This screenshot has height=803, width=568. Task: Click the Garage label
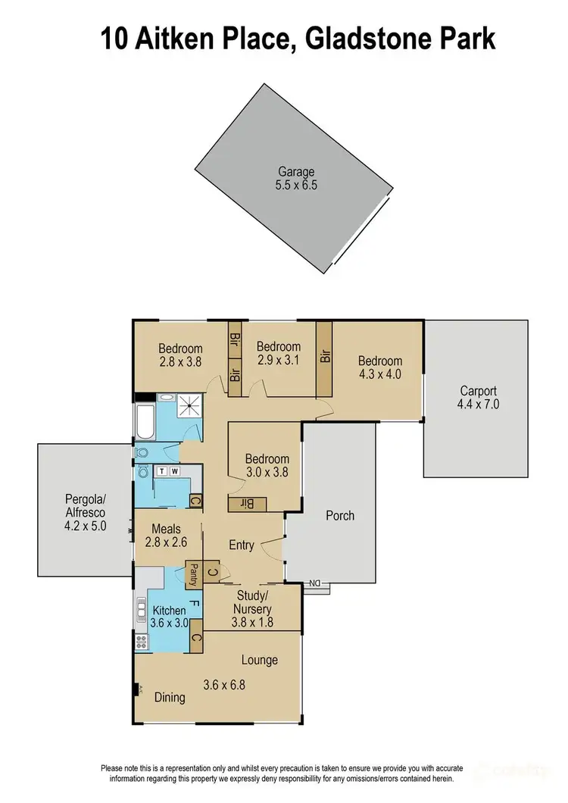pos(295,171)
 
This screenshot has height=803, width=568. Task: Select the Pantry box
pos(194,575)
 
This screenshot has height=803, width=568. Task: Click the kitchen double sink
pos(141,608)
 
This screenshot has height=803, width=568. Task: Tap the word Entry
pos(242,545)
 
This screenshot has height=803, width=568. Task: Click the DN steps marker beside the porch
pos(317,583)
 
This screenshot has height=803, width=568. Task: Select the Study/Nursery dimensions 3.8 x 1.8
pos(251,622)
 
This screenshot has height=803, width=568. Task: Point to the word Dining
pos(170,697)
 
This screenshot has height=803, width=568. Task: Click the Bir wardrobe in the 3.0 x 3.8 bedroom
pos(248,503)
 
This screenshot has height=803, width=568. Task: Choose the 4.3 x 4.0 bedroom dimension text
pos(379,373)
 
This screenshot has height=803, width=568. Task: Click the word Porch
pos(340,516)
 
